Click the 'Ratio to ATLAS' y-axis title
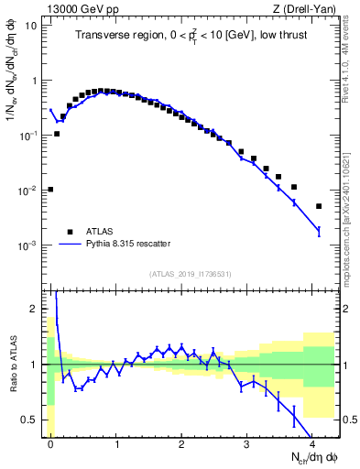point(13,365)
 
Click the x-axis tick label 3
point(246,443)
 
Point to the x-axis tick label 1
point(115,443)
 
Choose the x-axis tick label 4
point(311,443)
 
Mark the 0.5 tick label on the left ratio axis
point(33,420)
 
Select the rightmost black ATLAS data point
point(319,206)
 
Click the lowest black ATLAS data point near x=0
point(50,190)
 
